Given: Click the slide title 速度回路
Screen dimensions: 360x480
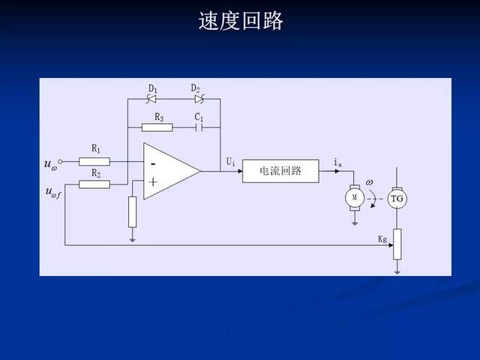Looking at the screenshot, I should pos(241,21).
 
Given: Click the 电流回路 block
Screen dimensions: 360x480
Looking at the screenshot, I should pos(280,171).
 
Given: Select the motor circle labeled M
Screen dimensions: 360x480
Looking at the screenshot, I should pos(352,197).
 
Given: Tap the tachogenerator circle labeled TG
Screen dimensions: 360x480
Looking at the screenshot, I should pos(397,197).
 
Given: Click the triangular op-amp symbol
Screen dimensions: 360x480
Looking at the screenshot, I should pos(169,171).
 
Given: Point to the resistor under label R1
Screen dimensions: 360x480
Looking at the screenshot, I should pos(94,160).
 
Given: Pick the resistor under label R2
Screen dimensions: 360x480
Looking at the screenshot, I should pos(94,184).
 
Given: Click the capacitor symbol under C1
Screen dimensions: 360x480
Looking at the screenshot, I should pos(199,127).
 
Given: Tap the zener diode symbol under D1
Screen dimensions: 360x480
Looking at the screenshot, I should pos(152,98).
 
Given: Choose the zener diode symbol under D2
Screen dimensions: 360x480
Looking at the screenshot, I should pos(199,98).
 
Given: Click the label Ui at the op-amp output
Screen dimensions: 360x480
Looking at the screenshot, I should pos(230,161).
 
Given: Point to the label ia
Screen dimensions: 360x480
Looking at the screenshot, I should pos(337,161).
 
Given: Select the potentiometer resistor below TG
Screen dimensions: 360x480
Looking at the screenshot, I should pos(397,243).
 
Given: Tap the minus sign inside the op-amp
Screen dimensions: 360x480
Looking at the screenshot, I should pos(153,162).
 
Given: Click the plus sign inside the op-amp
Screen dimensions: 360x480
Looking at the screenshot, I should pos(153,181).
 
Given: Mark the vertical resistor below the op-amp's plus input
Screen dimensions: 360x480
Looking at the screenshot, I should pos(133,211).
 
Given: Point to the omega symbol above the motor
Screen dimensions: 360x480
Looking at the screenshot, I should pos(369,182).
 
